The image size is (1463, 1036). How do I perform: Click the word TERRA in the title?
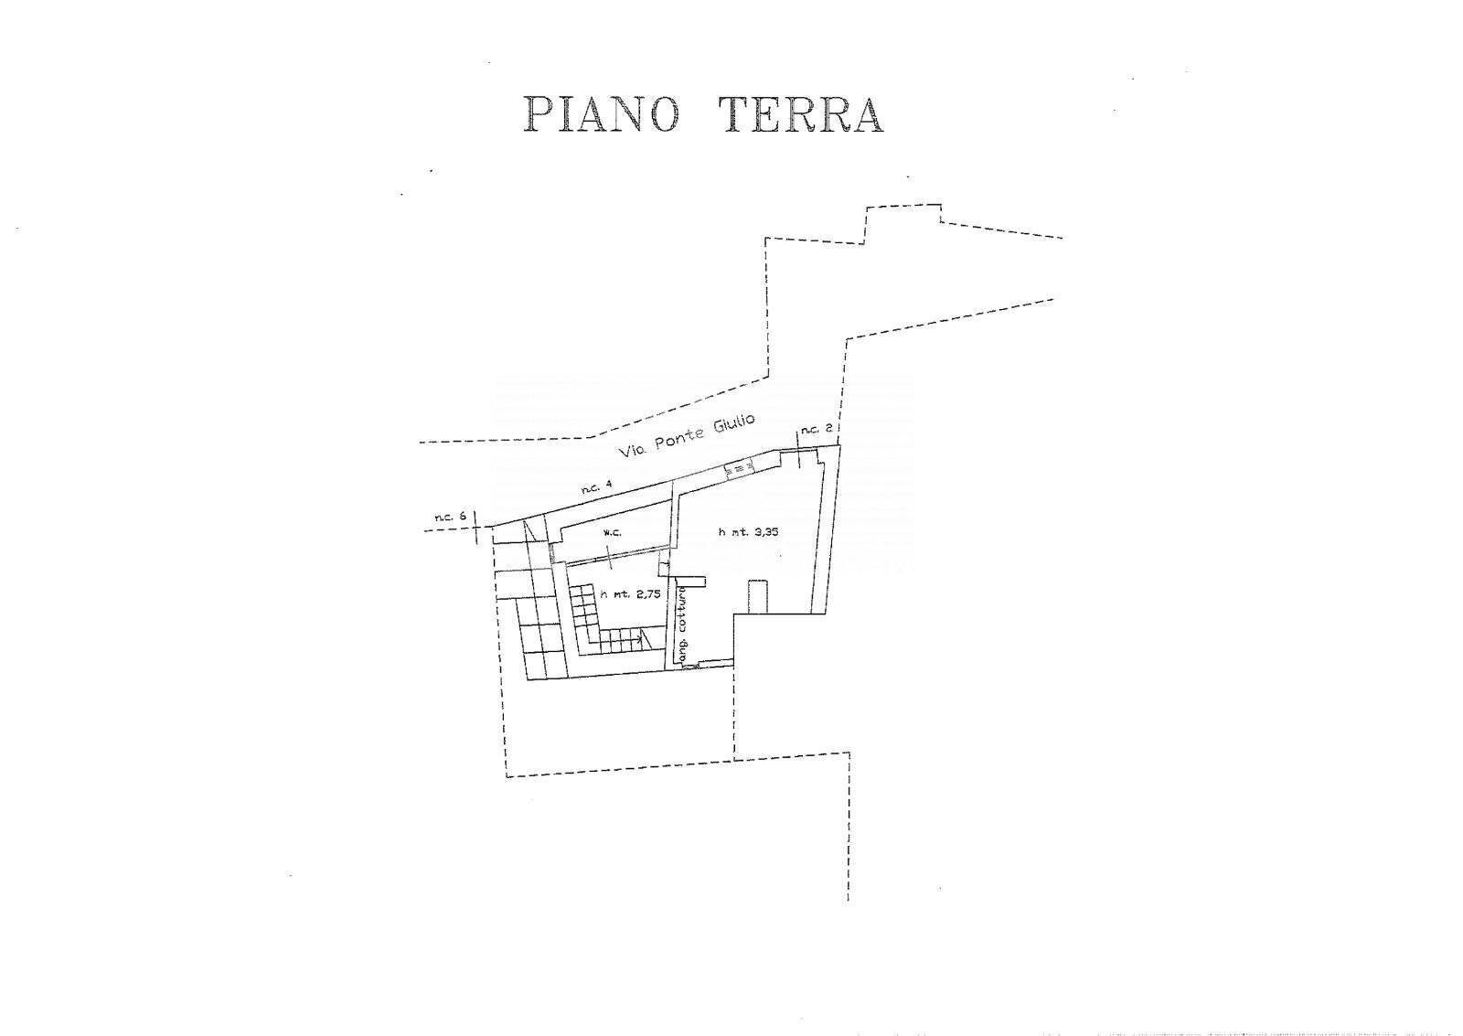[801, 115]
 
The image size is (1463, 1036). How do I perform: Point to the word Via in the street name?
[630, 452]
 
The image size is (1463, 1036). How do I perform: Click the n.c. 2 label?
[817, 429]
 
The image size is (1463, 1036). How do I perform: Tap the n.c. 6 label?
[451, 517]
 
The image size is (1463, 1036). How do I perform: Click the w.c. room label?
[612, 533]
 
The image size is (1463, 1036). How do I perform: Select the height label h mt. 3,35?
[749, 532]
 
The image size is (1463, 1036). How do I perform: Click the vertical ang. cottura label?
[682, 628]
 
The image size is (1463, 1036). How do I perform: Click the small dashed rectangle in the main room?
[758, 595]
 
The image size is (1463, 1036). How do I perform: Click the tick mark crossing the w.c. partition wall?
[610, 557]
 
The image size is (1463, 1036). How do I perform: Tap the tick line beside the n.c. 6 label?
[475, 528]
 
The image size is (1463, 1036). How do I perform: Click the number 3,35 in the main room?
[766, 532]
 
